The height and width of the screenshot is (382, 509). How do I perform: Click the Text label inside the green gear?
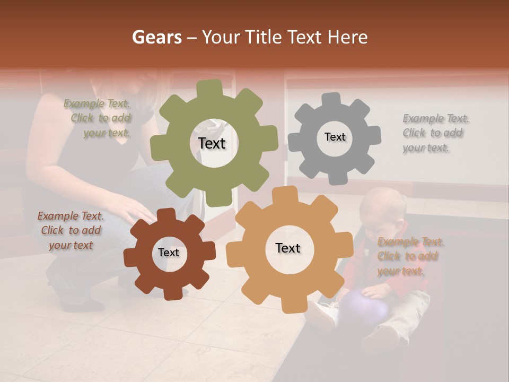pyautogui.click(x=212, y=143)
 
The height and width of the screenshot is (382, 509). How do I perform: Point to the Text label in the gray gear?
pyautogui.click(x=335, y=137)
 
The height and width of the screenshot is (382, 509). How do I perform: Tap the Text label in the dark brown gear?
pyautogui.click(x=169, y=253)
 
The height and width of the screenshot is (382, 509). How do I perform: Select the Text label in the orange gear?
pyautogui.click(x=288, y=248)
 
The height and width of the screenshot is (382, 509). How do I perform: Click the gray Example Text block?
pyautogui.click(x=435, y=133)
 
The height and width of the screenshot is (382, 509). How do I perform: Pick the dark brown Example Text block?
pyautogui.click(x=71, y=231)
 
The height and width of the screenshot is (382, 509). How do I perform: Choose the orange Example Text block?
pyautogui.click(x=409, y=256)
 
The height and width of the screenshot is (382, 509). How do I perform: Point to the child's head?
pyautogui.click(x=380, y=210)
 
